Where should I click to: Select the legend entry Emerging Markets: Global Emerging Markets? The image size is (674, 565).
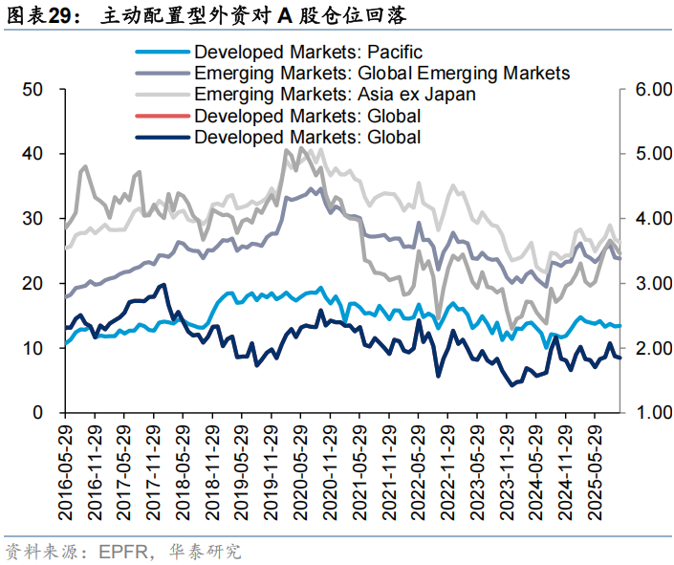click(381, 74)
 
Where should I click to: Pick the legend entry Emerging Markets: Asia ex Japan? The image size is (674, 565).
click(335, 95)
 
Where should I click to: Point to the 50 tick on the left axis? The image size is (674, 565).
click(33, 89)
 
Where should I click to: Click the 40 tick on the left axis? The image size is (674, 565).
click(33, 154)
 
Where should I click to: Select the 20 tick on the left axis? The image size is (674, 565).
click(33, 284)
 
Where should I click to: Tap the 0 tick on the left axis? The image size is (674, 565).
click(38, 413)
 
